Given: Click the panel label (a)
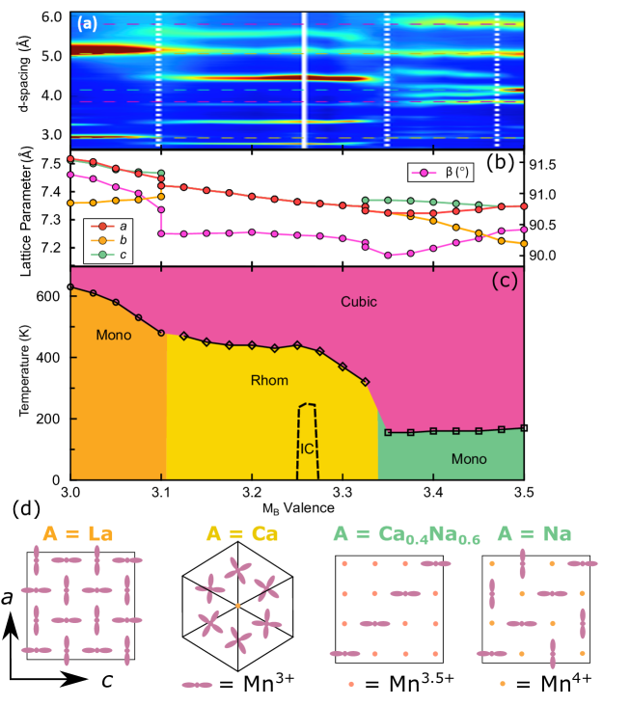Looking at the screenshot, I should [x=85, y=24].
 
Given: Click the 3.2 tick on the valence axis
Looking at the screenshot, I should [x=251, y=491].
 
